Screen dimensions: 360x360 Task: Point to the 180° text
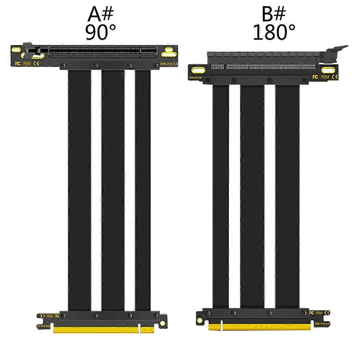274,32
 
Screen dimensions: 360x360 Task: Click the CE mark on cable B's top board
335,76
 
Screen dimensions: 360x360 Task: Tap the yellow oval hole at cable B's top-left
198,69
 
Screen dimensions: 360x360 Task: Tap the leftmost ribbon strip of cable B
220,197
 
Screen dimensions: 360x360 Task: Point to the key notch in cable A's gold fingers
140,329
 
